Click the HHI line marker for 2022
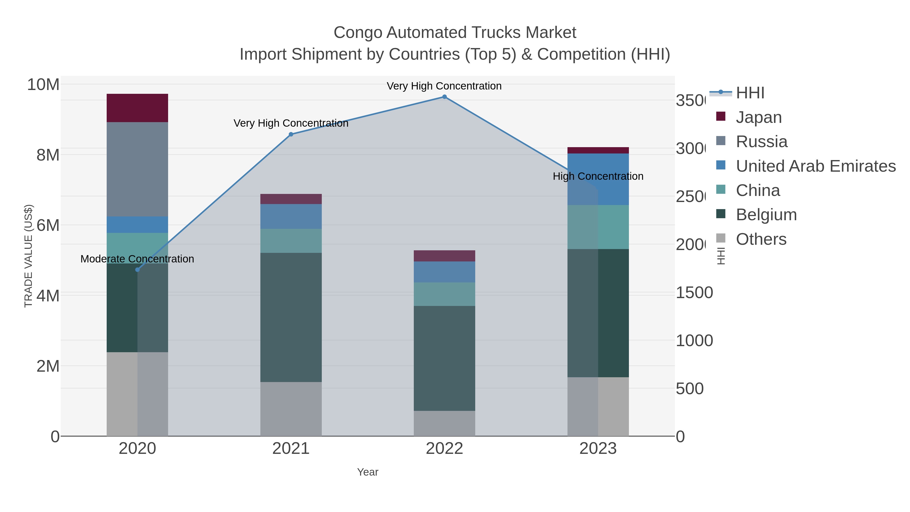click(x=444, y=97)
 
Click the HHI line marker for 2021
click(x=291, y=134)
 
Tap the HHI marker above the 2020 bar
click(x=138, y=270)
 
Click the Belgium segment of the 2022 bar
click(x=444, y=358)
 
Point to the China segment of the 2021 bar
click(x=291, y=241)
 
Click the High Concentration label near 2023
click(x=598, y=176)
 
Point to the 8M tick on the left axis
click(x=48, y=155)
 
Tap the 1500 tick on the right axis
click(x=694, y=293)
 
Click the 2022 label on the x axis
click(x=444, y=448)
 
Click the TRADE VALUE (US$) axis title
click(x=28, y=256)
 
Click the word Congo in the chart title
click(x=358, y=33)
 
